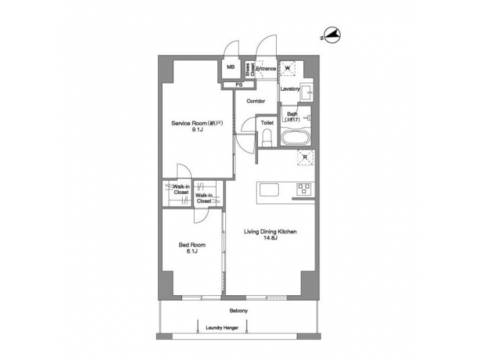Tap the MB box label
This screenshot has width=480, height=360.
point(231,67)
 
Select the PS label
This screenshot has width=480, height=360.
point(237,85)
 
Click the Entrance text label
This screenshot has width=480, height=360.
point(266,68)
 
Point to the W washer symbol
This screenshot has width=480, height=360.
point(288,67)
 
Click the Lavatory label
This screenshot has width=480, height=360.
point(290,89)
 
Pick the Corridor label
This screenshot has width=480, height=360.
point(256,101)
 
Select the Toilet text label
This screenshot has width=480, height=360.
point(267,123)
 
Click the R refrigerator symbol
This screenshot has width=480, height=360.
point(305,158)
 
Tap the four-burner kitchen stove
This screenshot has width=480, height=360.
point(303,189)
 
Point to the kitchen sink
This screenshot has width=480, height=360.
point(269,190)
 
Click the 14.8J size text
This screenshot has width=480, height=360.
point(269,238)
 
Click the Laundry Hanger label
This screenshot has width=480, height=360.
point(222,328)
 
